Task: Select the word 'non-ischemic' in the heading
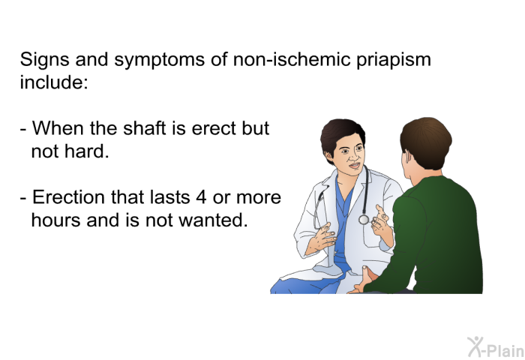point(292,59)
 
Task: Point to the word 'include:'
point(54,82)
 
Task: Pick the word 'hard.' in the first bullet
point(87,151)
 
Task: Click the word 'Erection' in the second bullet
point(68,197)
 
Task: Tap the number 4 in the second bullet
point(201,197)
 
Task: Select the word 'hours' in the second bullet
point(56,220)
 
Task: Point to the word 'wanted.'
point(213,220)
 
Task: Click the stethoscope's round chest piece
point(364,220)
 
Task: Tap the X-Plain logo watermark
point(496,347)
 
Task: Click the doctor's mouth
point(354,166)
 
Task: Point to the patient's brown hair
point(426,142)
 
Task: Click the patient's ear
point(406,157)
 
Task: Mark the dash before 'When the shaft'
point(23,129)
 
